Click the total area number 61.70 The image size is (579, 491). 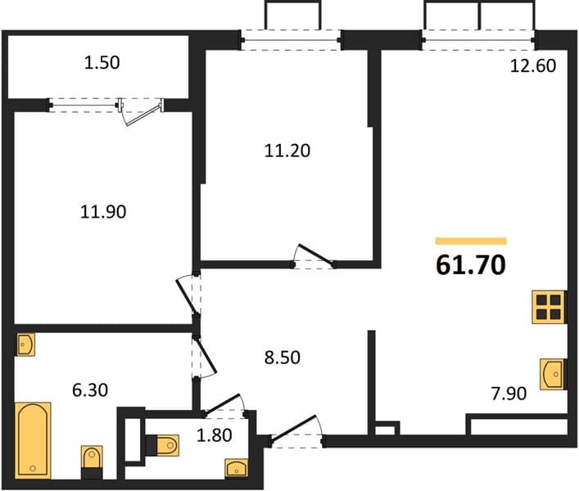471,265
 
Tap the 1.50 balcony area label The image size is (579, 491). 102,63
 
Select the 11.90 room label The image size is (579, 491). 103,212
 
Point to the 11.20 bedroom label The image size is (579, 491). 287,151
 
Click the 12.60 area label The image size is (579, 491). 533,65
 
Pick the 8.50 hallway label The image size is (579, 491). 283,358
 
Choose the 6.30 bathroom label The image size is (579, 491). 90,390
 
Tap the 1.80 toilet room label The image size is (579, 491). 215,435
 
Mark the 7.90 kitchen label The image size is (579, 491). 509,394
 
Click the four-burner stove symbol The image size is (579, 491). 549,308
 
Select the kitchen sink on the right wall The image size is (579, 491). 552,374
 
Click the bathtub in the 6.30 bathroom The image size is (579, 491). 33,440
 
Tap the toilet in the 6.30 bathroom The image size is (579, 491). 92,462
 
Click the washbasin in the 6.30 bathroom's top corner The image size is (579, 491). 25,345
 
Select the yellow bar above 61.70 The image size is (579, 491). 471,241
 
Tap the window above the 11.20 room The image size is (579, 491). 291,40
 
